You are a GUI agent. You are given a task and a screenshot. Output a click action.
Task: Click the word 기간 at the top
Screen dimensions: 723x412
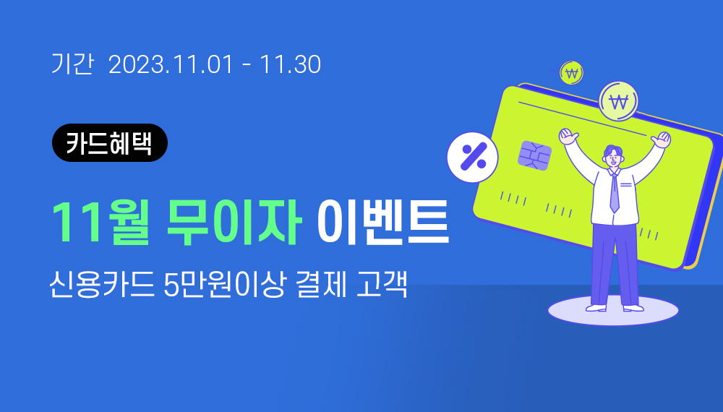click(x=72, y=64)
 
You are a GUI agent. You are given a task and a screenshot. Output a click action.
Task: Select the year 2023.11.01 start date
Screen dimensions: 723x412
click(x=171, y=64)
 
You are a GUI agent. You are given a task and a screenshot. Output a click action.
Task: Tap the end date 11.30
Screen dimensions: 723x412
click(x=290, y=64)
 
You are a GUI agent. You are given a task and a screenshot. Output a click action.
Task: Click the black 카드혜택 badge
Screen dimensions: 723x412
click(x=110, y=143)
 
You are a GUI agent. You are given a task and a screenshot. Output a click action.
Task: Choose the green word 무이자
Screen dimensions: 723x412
click(x=234, y=222)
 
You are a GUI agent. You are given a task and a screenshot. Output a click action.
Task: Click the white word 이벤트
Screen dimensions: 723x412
click(x=382, y=222)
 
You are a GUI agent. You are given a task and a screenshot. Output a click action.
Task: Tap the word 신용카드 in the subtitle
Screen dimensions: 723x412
click(x=102, y=284)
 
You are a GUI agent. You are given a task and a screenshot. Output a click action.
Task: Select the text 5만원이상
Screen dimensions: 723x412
click(x=225, y=284)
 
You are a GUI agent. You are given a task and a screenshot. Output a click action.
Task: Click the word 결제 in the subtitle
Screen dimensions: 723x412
click(x=321, y=284)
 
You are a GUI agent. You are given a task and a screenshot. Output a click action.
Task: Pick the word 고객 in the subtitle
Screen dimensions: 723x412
click(x=382, y=284)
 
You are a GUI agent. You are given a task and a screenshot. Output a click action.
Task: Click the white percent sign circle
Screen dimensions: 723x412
click(x=473, y=157)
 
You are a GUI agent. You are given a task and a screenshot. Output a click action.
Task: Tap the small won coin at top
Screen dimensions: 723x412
click(x=571, y=73)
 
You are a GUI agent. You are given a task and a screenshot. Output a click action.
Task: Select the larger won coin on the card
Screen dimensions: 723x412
click(x=618, y=101)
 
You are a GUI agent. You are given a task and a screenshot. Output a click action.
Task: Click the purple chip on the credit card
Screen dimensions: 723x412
click(x=534, y=155)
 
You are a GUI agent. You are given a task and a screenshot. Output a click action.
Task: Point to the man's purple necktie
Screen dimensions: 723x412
click(x=614, y=192)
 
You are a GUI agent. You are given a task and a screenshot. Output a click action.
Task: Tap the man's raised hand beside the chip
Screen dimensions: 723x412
click(x=568, y=136)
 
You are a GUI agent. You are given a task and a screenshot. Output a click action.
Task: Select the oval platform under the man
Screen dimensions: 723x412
click(x=613, y=311)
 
